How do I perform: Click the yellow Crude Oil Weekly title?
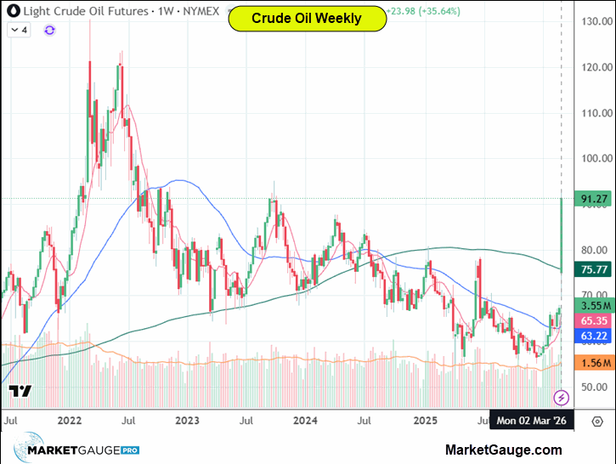[307, 18]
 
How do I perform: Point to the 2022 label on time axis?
[69, 421]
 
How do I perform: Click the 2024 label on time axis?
[304, 421]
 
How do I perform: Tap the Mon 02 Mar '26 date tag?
[533, 421]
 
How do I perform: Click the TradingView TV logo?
[20, 392]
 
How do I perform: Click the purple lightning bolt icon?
[561, 397]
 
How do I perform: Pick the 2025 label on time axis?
[425, 421]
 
